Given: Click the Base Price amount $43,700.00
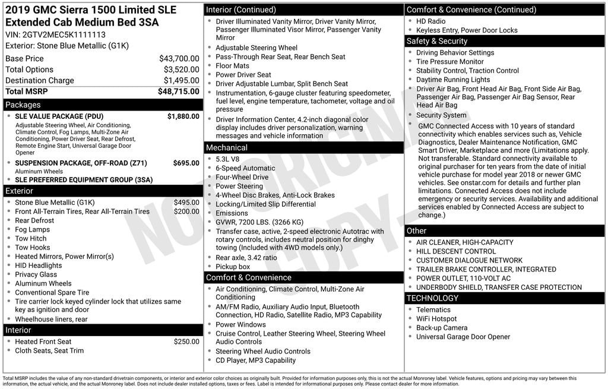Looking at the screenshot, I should click(179, 59).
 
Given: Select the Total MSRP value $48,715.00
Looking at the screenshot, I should click(178, 91).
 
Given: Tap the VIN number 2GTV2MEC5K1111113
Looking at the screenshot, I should click(55, 34).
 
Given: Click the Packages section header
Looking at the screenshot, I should click(23, 105).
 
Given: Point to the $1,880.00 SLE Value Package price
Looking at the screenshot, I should click(183, 116).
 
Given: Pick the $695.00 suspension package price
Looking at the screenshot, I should click(186, 163).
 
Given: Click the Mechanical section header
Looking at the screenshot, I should click(227, 147).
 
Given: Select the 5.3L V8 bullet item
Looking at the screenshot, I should click(229, 159).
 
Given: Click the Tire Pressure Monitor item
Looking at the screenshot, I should click(449, 62).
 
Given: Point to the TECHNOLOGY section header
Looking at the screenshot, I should click(432, 298).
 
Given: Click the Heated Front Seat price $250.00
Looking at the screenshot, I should click(186, 341).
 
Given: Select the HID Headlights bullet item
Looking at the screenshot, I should click(38, 265).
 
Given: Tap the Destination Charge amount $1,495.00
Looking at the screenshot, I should click(181, 81).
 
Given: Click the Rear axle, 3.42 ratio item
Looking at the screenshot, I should click(246, 258).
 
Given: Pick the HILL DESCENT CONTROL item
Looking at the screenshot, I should click(455, 251).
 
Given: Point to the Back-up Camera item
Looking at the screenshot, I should click(442, 328).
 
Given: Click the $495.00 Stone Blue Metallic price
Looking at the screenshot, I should click(186, 203).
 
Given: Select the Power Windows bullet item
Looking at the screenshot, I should click(240, 325).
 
